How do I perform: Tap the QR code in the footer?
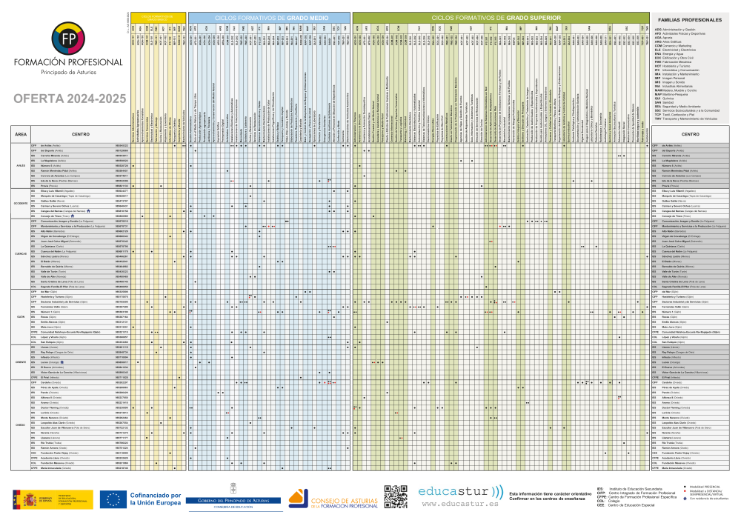[396, 497]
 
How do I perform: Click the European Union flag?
[115, 499]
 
